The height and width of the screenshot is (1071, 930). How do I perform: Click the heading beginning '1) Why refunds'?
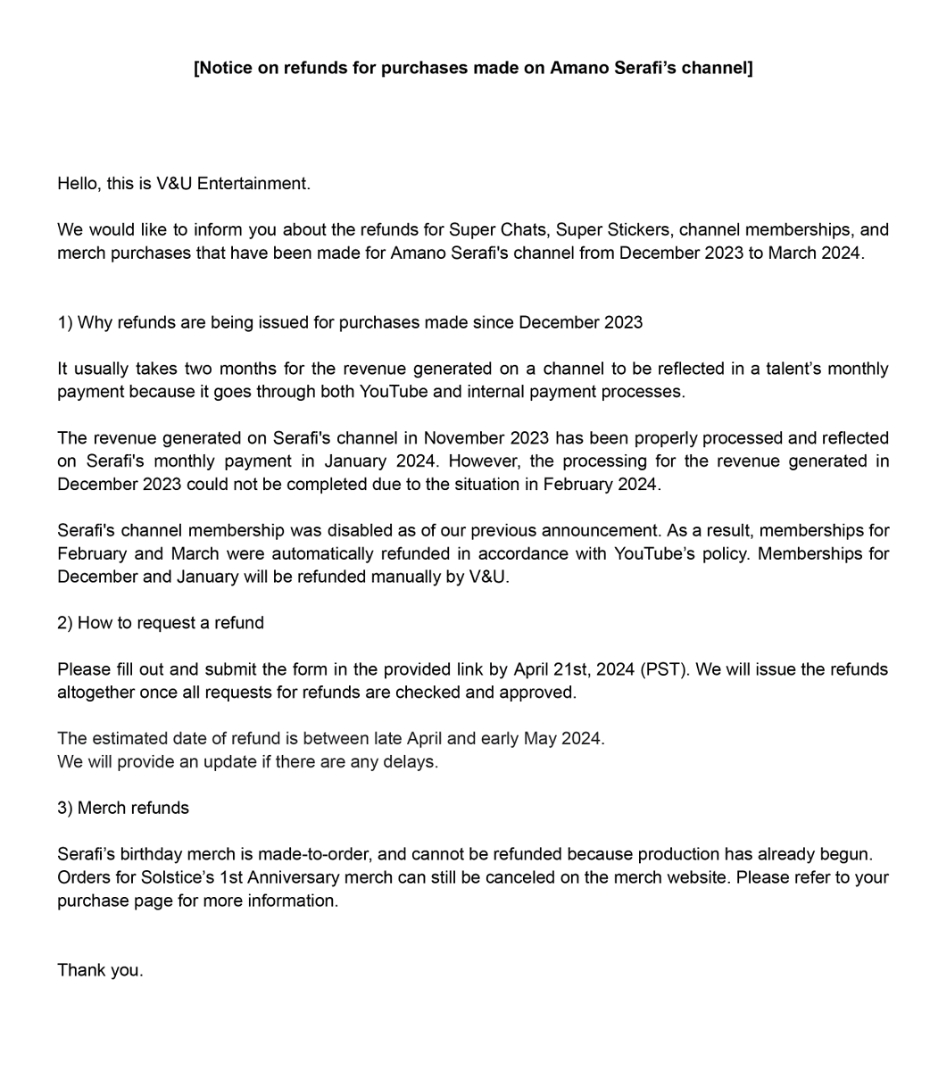tap(350, 322)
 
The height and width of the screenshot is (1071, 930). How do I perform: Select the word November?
tap(464, 438)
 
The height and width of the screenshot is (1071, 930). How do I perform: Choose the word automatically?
tap(322, 554)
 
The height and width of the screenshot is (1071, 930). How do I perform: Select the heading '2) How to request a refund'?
tap(161, 623)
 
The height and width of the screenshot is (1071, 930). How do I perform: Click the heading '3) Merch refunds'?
tap(123, 809)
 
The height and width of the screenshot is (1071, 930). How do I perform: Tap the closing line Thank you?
tap(100, 970)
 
